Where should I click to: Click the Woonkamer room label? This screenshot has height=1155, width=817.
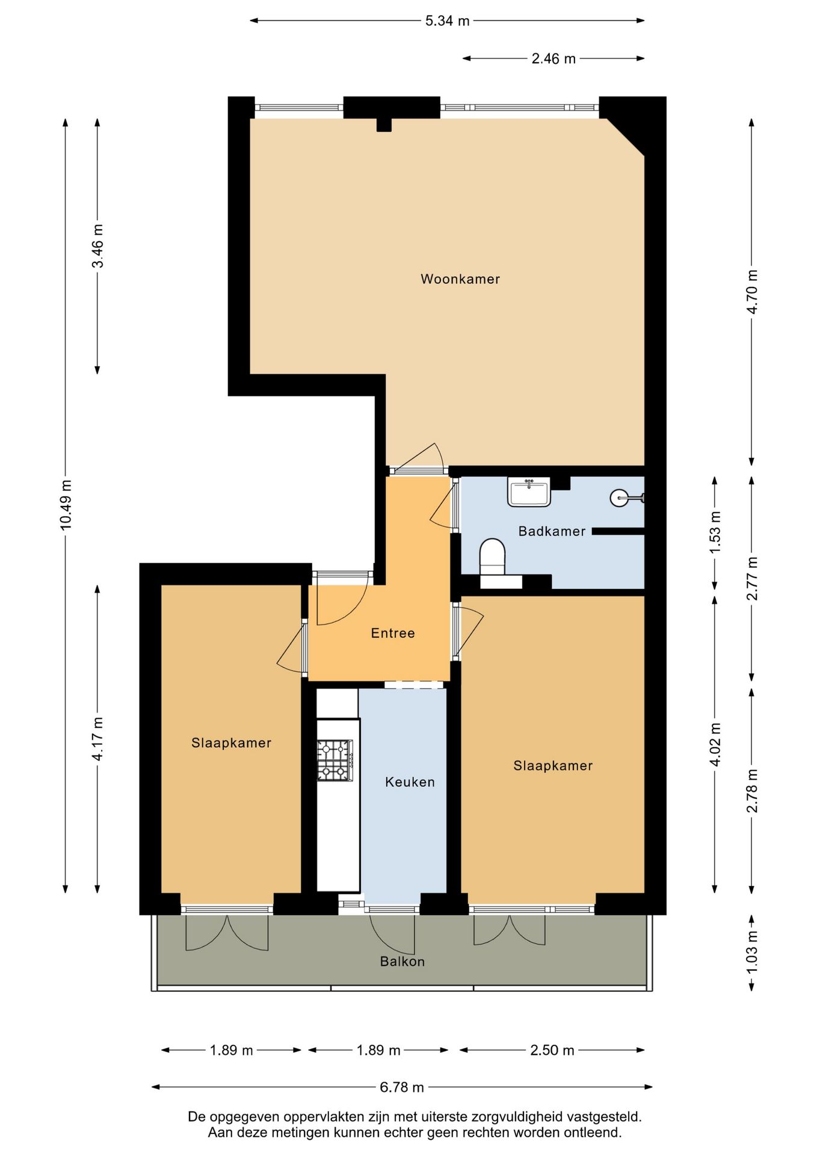pyautogui.click(x=460, y=279)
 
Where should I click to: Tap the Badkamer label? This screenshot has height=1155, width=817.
pyautogui.click(x=552, y=531)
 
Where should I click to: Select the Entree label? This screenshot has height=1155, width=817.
pyautogui.click(x=393, y=633)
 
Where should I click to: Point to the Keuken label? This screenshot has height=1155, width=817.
pyautogui.click(x=410, y=782)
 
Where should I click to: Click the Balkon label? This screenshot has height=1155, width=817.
pyautogui.click(x=402, y=961)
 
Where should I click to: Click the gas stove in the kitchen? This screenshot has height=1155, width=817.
pyautogui.click(x=335, y=760)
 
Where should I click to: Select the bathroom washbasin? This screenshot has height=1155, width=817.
pyautogui.click(x=529, y=492)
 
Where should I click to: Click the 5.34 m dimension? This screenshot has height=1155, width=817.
pyautogui.click(x=447, y=21)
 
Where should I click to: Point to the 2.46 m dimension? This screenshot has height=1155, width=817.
pyautogui.click(x=553, y=59)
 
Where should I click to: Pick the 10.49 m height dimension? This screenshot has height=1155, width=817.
pyautogui.click(x=66, y=505)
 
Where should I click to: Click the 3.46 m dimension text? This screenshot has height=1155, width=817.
pyautogui.click(x=97, y=246)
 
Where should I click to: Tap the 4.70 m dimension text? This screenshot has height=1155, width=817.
pyautogui.click(x=752, y=292)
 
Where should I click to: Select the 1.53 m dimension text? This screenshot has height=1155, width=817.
pyautogui.click(x=715, y=533)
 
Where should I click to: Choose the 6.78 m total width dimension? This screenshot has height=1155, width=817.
pyautogui.click(x=402, y=1087)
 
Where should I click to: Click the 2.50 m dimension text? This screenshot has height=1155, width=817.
pyautogui.click(x=552, y=1050)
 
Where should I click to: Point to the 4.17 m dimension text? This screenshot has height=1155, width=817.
pyautogui.click(x=97, y=739)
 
